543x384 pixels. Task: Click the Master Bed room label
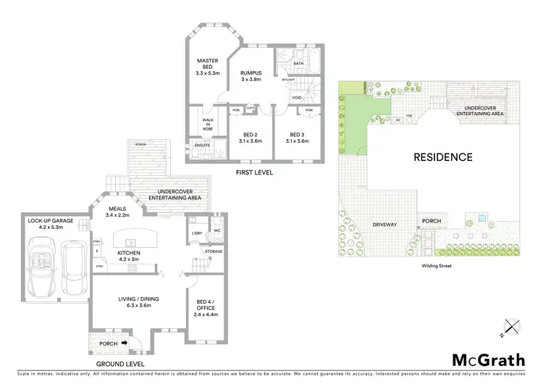pos(206,66)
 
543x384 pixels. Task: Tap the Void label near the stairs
pos(297,96)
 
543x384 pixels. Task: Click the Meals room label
pos(117,212)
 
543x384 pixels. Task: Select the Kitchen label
pos(127,255)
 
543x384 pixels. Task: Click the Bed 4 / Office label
pos(206,307)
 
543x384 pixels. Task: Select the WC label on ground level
pos(216,232)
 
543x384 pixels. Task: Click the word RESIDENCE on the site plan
pos(442,156)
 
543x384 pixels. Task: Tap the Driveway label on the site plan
pos(384,225)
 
